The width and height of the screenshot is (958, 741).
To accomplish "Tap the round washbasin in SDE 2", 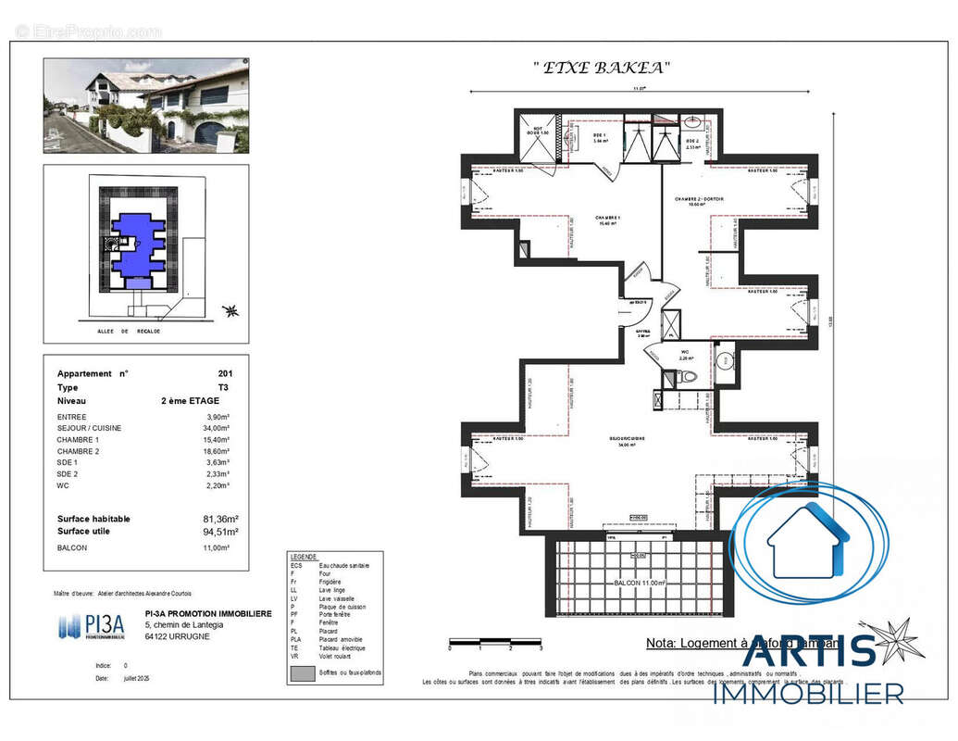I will pyautogui.click(x=693, y=121).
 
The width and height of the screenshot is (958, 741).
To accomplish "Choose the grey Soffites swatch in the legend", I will pyautogui.click(x=303, y=674).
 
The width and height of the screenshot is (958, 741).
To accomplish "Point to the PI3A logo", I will pyautogui.click(x=91, y=626).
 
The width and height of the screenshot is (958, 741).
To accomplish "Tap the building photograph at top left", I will pyautogui.click(x=146, y=107).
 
